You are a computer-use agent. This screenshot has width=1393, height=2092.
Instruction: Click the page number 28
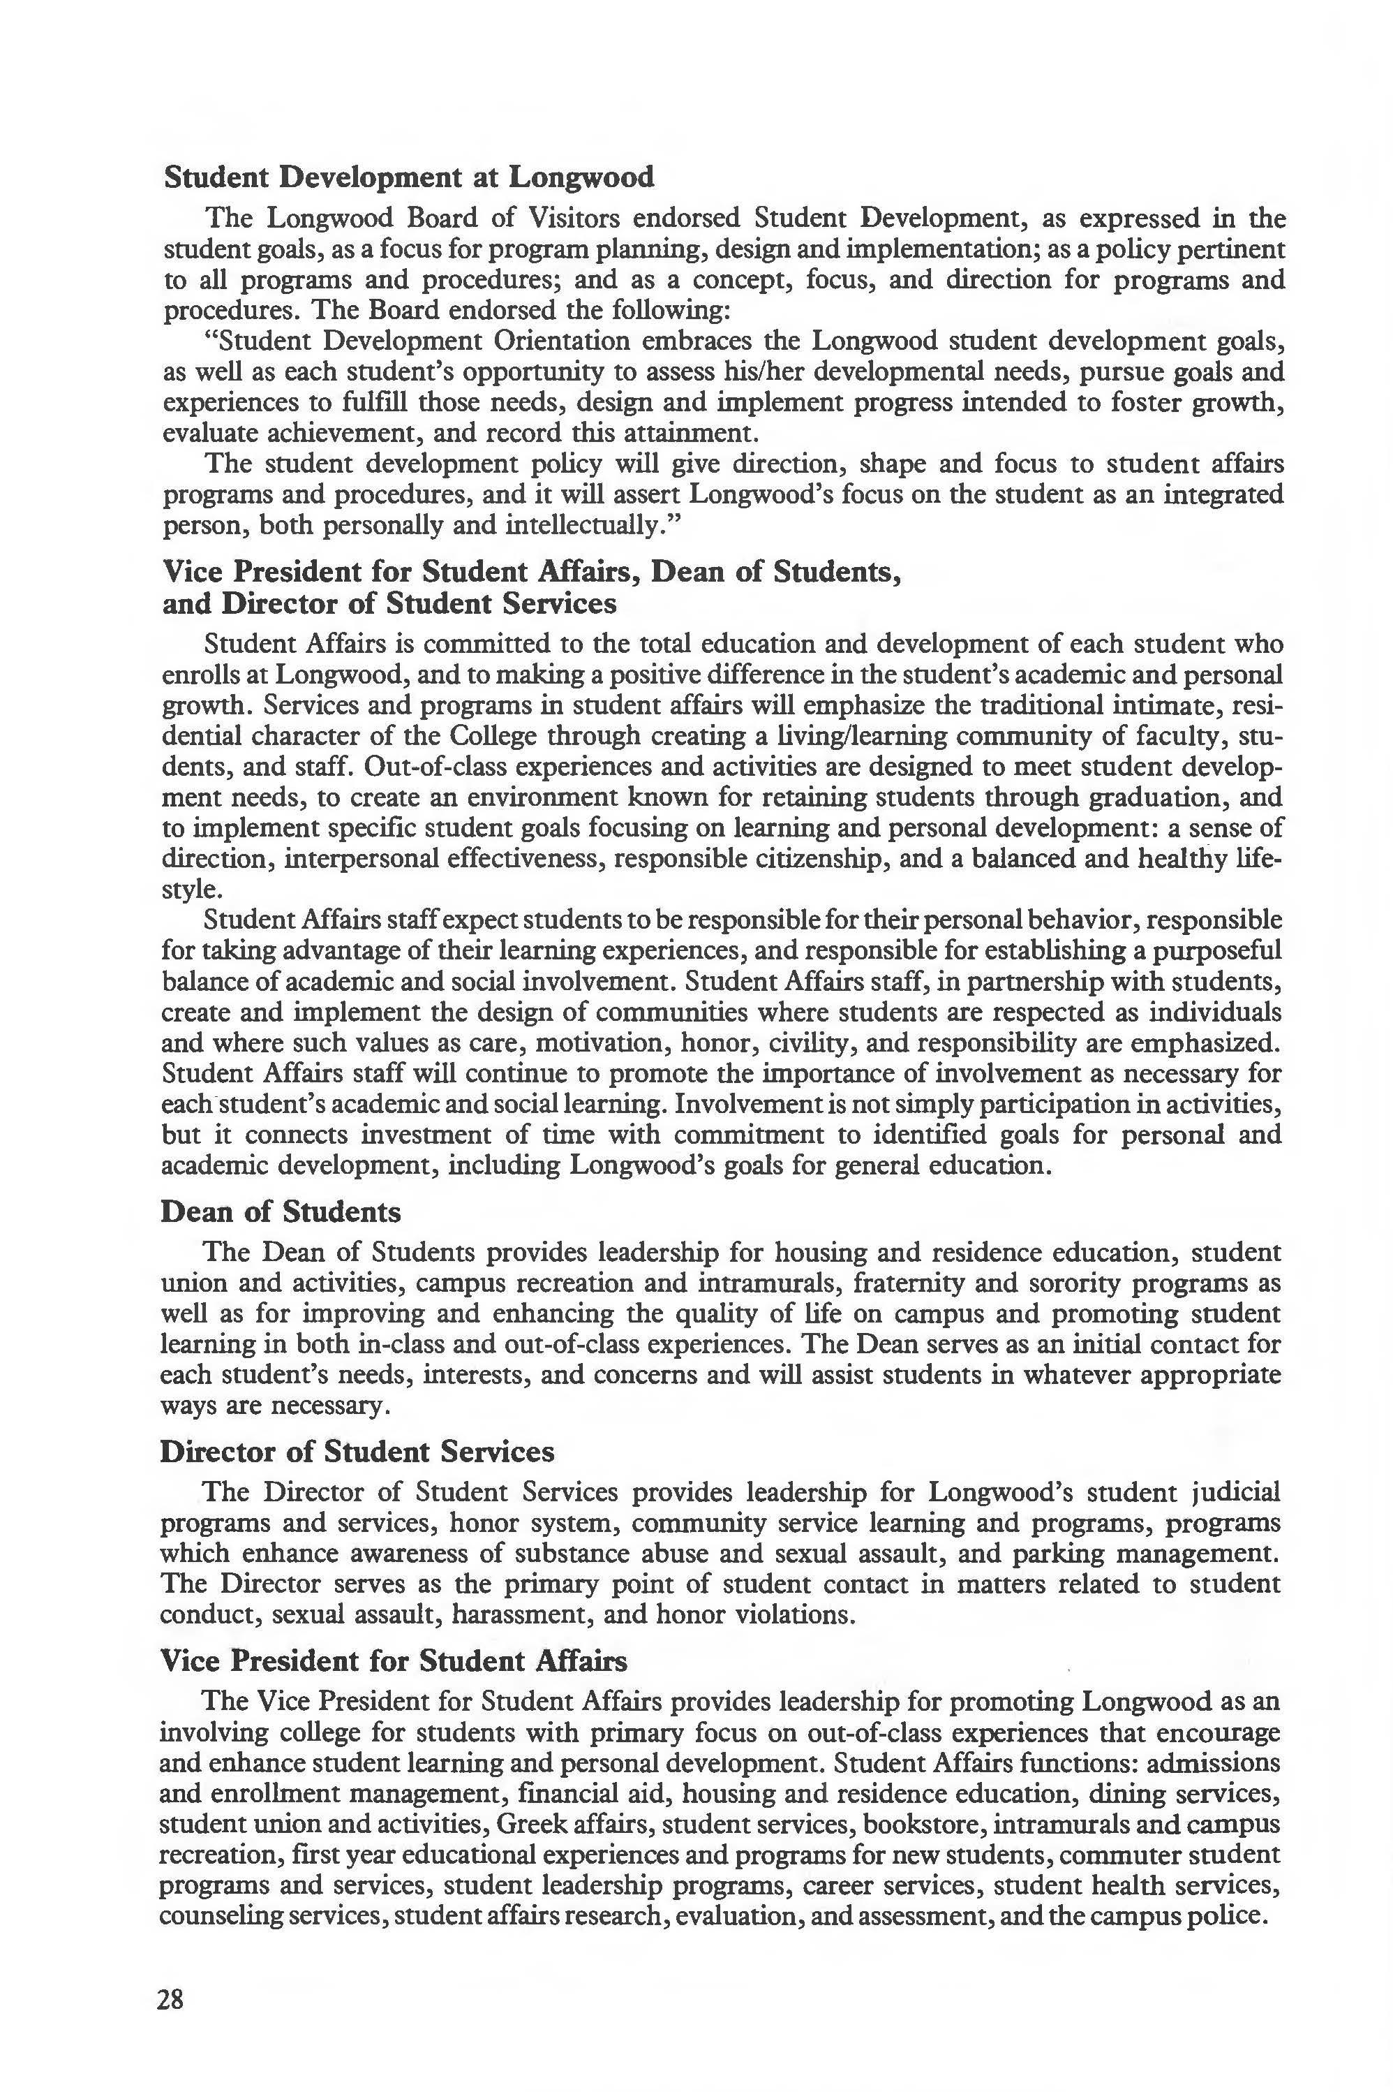point(170,2000)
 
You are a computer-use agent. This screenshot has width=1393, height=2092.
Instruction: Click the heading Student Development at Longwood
point(409,177)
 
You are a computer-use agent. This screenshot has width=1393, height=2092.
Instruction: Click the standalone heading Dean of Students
point(280,1211)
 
